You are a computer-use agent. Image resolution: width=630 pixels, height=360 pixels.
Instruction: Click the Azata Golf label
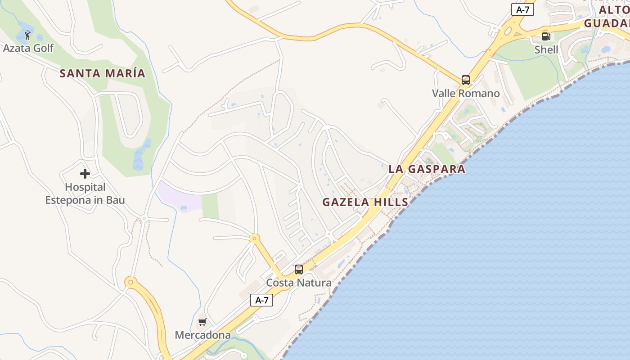28,48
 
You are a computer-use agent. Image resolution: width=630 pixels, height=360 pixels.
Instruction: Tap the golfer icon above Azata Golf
28,35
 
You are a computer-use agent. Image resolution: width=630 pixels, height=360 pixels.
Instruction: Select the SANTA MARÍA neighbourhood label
103,73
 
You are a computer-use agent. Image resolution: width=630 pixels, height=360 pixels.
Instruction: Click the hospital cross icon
85,174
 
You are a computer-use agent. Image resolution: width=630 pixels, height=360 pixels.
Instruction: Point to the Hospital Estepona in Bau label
85,193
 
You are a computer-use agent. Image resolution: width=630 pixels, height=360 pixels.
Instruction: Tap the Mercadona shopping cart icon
202,322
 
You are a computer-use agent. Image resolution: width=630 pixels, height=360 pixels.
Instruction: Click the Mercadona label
202,335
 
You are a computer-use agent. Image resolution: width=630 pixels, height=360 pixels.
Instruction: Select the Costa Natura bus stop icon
298,270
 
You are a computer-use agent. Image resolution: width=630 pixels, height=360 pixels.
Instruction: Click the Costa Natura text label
299,283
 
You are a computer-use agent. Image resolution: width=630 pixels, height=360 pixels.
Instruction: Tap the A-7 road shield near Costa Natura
261,300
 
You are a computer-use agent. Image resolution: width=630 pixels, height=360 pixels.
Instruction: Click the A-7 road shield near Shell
522,9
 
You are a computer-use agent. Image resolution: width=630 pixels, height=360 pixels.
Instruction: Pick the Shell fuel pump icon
546,36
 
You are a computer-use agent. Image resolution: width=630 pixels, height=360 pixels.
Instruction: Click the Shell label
546,49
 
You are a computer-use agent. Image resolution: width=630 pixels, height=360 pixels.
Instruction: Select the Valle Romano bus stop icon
466,80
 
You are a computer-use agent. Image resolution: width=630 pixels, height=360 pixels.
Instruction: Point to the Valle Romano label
466,94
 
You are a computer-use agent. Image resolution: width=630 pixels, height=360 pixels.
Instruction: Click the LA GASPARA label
427,169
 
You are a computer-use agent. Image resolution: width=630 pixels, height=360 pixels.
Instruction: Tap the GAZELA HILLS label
365,202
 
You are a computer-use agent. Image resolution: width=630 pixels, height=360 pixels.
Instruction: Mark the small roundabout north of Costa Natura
255,238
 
